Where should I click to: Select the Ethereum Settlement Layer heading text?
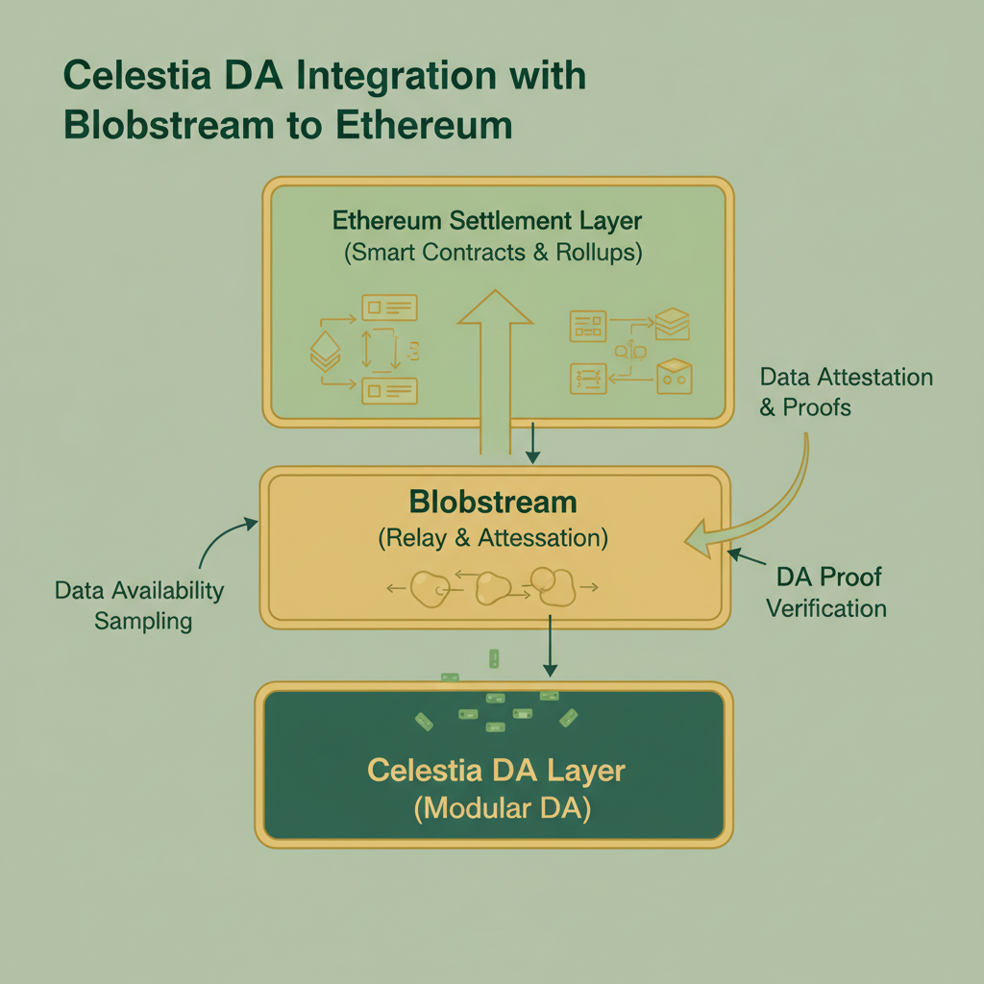pos(487,221)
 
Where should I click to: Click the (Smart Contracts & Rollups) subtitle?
pos(493,255)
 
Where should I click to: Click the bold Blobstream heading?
pos(493,502)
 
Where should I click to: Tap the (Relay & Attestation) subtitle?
pos(493,538)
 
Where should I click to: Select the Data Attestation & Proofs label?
pos(845,392)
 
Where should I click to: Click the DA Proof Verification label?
pos(826,592)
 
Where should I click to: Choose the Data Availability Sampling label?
pos(139,605)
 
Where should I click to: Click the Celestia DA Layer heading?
pos(496,771)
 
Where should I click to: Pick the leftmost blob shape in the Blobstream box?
pos(430,589)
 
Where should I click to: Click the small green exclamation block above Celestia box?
pos(494,658)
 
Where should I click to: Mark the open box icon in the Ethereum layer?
pos(674,375)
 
